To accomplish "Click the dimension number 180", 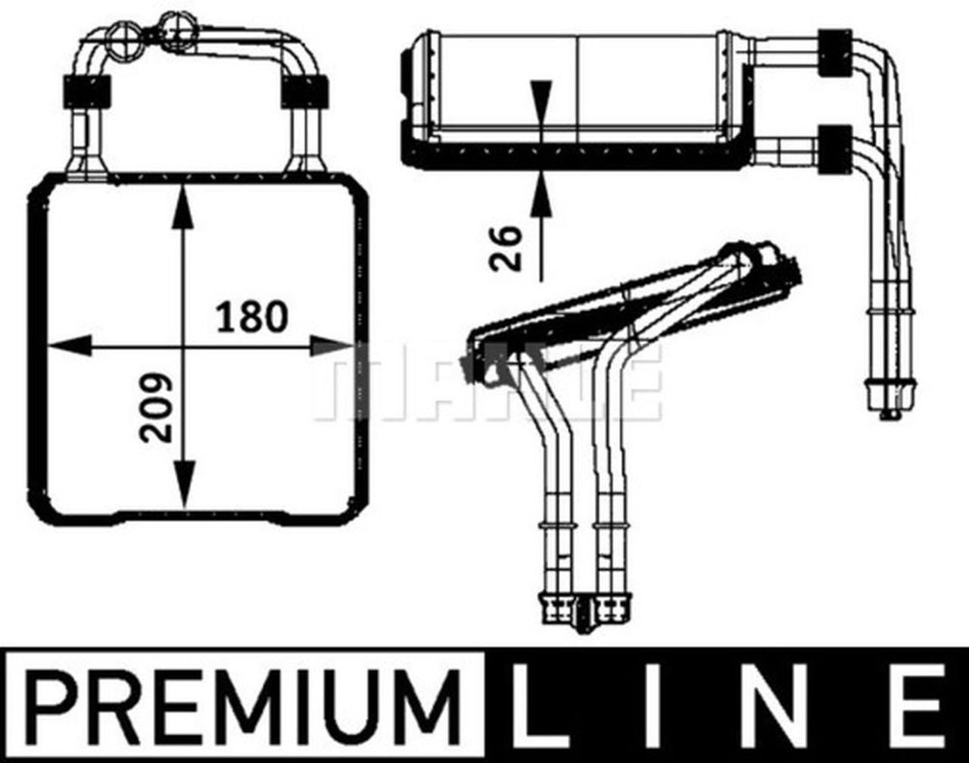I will click(252, 317).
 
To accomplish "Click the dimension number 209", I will click(157, 407).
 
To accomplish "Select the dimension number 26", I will click(506, 248).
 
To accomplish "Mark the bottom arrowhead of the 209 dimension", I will click(182, 485).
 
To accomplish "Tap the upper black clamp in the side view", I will click(834, 52).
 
